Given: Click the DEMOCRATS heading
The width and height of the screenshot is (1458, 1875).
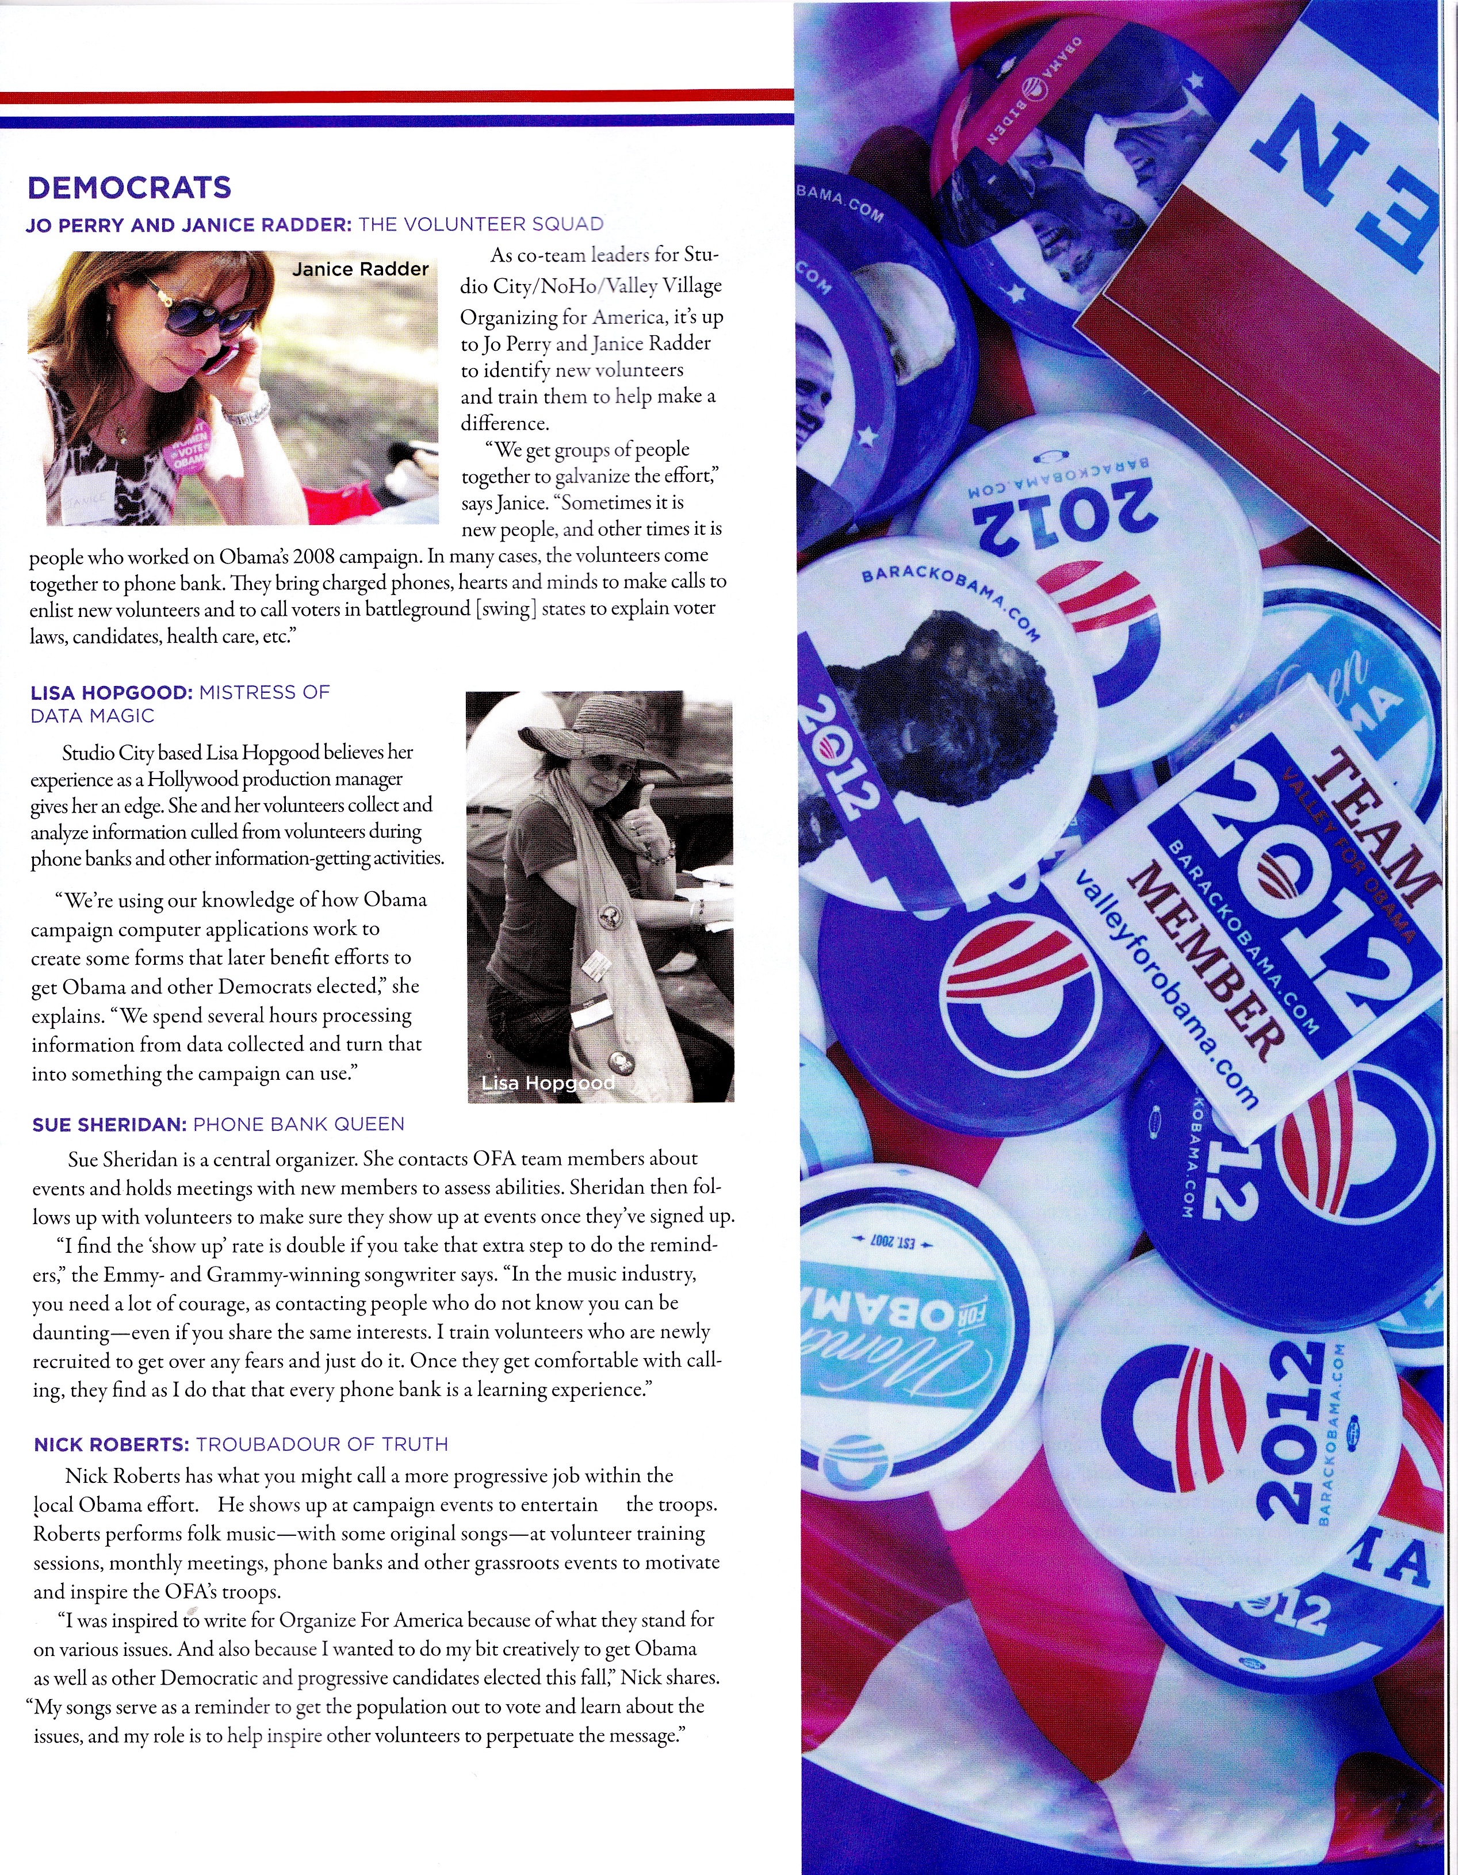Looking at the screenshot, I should pyautogui.click(x=129, y=187).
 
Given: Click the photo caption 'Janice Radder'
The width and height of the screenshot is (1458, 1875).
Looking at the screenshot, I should pyautogui.click(x=360, y=269).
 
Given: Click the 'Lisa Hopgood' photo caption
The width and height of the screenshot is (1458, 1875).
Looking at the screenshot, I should pyautogui.click(x=548, y=1083).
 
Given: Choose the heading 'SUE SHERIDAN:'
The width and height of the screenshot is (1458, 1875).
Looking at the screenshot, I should pyautogui.click(x=109, y=1124).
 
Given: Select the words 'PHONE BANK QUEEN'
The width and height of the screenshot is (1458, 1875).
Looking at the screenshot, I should pyautogui.click(x=299, y=1124).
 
